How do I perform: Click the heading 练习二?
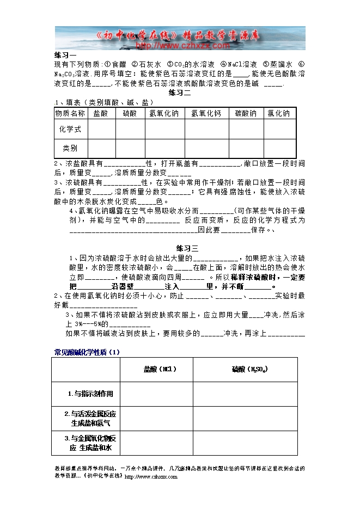click(x=180, y=93)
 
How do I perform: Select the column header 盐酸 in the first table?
click(x=101, y=114)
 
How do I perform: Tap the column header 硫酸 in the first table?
click(x=130, y=114)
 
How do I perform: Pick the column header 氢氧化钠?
click(x=164, y=114)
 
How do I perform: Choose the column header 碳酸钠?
click(x=246, y=114)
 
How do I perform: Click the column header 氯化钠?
click(x=279, y=114)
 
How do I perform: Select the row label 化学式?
click(x=70, y=129)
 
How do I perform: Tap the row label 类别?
click(x=70, y=148)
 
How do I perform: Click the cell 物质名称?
click(x=70, y=114)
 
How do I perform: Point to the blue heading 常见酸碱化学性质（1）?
click(x=87, y=352)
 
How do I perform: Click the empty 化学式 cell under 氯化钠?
click(x=279, y=129)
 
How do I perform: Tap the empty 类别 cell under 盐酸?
click(x=101, y=148)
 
